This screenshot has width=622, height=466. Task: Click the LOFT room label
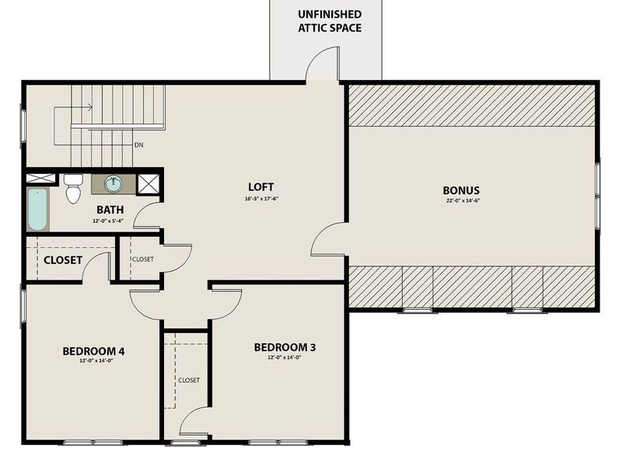coord(261,187)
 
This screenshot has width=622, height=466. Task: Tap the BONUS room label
coord(461,190)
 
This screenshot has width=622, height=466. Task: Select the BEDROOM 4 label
coord(93,351)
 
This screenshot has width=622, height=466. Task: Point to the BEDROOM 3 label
coord(285,347)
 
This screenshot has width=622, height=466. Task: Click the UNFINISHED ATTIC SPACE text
coord(330,21)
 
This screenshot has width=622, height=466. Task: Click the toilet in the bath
coord(73,188)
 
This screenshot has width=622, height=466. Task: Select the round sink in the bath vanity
coord(114,184)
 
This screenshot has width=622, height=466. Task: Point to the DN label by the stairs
coord(138,145)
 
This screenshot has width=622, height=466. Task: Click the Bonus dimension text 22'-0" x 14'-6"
coord(461,201)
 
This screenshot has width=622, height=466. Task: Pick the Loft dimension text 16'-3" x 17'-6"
coord(261,198)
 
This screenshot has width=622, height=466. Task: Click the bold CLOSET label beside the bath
coord(62,260)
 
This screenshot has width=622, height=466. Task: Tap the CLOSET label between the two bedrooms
coord(189,380)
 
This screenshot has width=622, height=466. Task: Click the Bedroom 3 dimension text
coord(285,358)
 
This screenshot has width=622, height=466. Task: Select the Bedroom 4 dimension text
coord(93,361)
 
